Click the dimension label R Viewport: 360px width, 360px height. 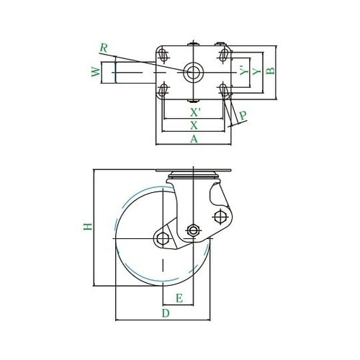(x=104, y=48)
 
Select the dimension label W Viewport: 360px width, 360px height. (x=96, y=72)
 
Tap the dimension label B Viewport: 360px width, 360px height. (x=271, y=71)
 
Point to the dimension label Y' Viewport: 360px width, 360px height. (x=244, y=70)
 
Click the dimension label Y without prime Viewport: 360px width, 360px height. (x=257, y=71)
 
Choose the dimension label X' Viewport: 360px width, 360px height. (x=195, y=112)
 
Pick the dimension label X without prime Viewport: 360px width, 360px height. (x=194, y=125)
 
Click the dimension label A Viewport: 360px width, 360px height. (x=194, y=139)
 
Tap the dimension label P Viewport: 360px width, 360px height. (x=243, y=115)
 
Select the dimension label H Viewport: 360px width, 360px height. (x=88, y=226)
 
